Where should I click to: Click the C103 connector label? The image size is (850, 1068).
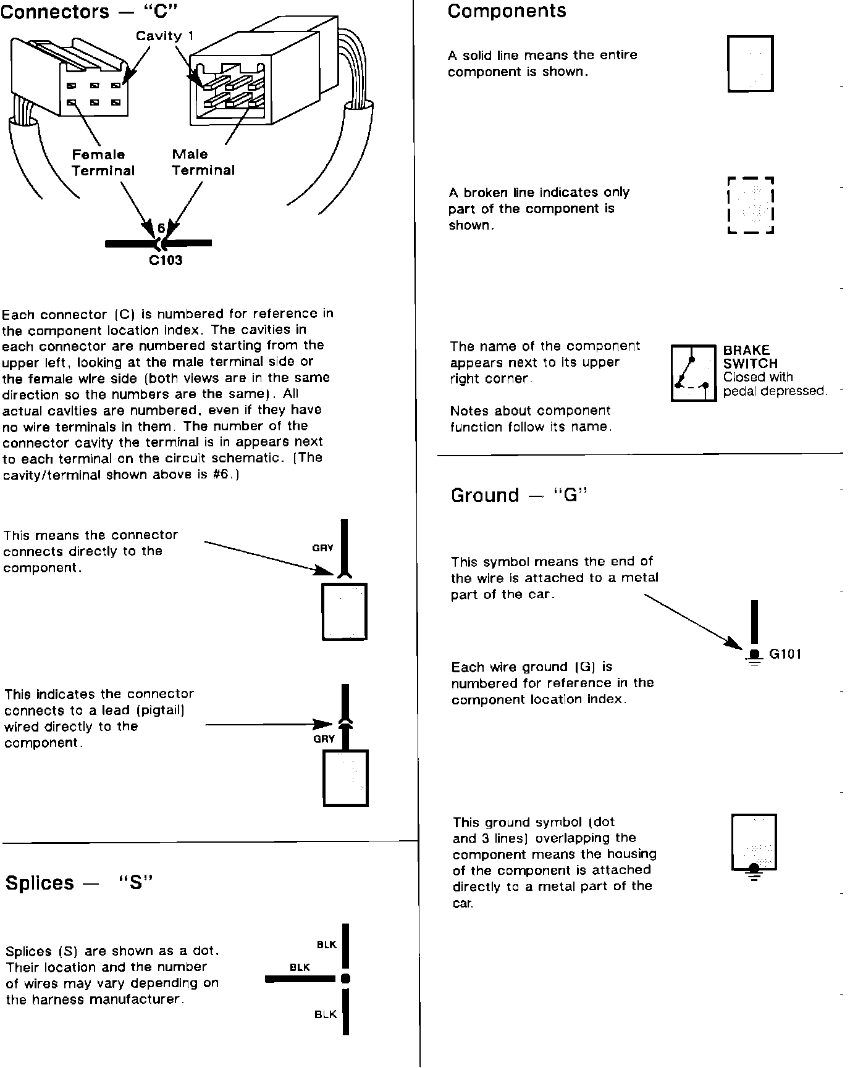click(166, 261)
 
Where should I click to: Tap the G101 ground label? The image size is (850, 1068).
click(785, 654)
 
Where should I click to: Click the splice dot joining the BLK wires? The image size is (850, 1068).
click(345, 978)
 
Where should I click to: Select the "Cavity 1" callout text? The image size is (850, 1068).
click(164, 36)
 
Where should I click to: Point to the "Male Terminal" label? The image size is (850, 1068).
click(203, 162)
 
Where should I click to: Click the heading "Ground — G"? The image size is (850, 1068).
click(518, 495)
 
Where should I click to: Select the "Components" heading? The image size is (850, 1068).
click(507, 11)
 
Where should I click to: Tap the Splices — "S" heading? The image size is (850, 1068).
click(78, 883)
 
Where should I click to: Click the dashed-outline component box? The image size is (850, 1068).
click(751, 206)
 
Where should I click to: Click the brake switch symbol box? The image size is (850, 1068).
click(693, 373)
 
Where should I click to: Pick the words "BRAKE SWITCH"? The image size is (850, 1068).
click(750, 357)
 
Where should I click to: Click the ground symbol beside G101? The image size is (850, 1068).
click(754, 657)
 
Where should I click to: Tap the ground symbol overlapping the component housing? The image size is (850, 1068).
click(754, 870)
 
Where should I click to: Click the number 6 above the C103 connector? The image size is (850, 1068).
click(161, 228)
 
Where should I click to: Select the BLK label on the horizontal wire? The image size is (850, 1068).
click(300, 967)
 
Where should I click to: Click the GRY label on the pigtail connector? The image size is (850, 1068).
click(324, 739)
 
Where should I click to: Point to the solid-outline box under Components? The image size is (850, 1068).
click(751, 64)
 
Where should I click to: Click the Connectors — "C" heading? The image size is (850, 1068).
click(85, 11)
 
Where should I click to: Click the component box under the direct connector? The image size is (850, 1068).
click(344, 611)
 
